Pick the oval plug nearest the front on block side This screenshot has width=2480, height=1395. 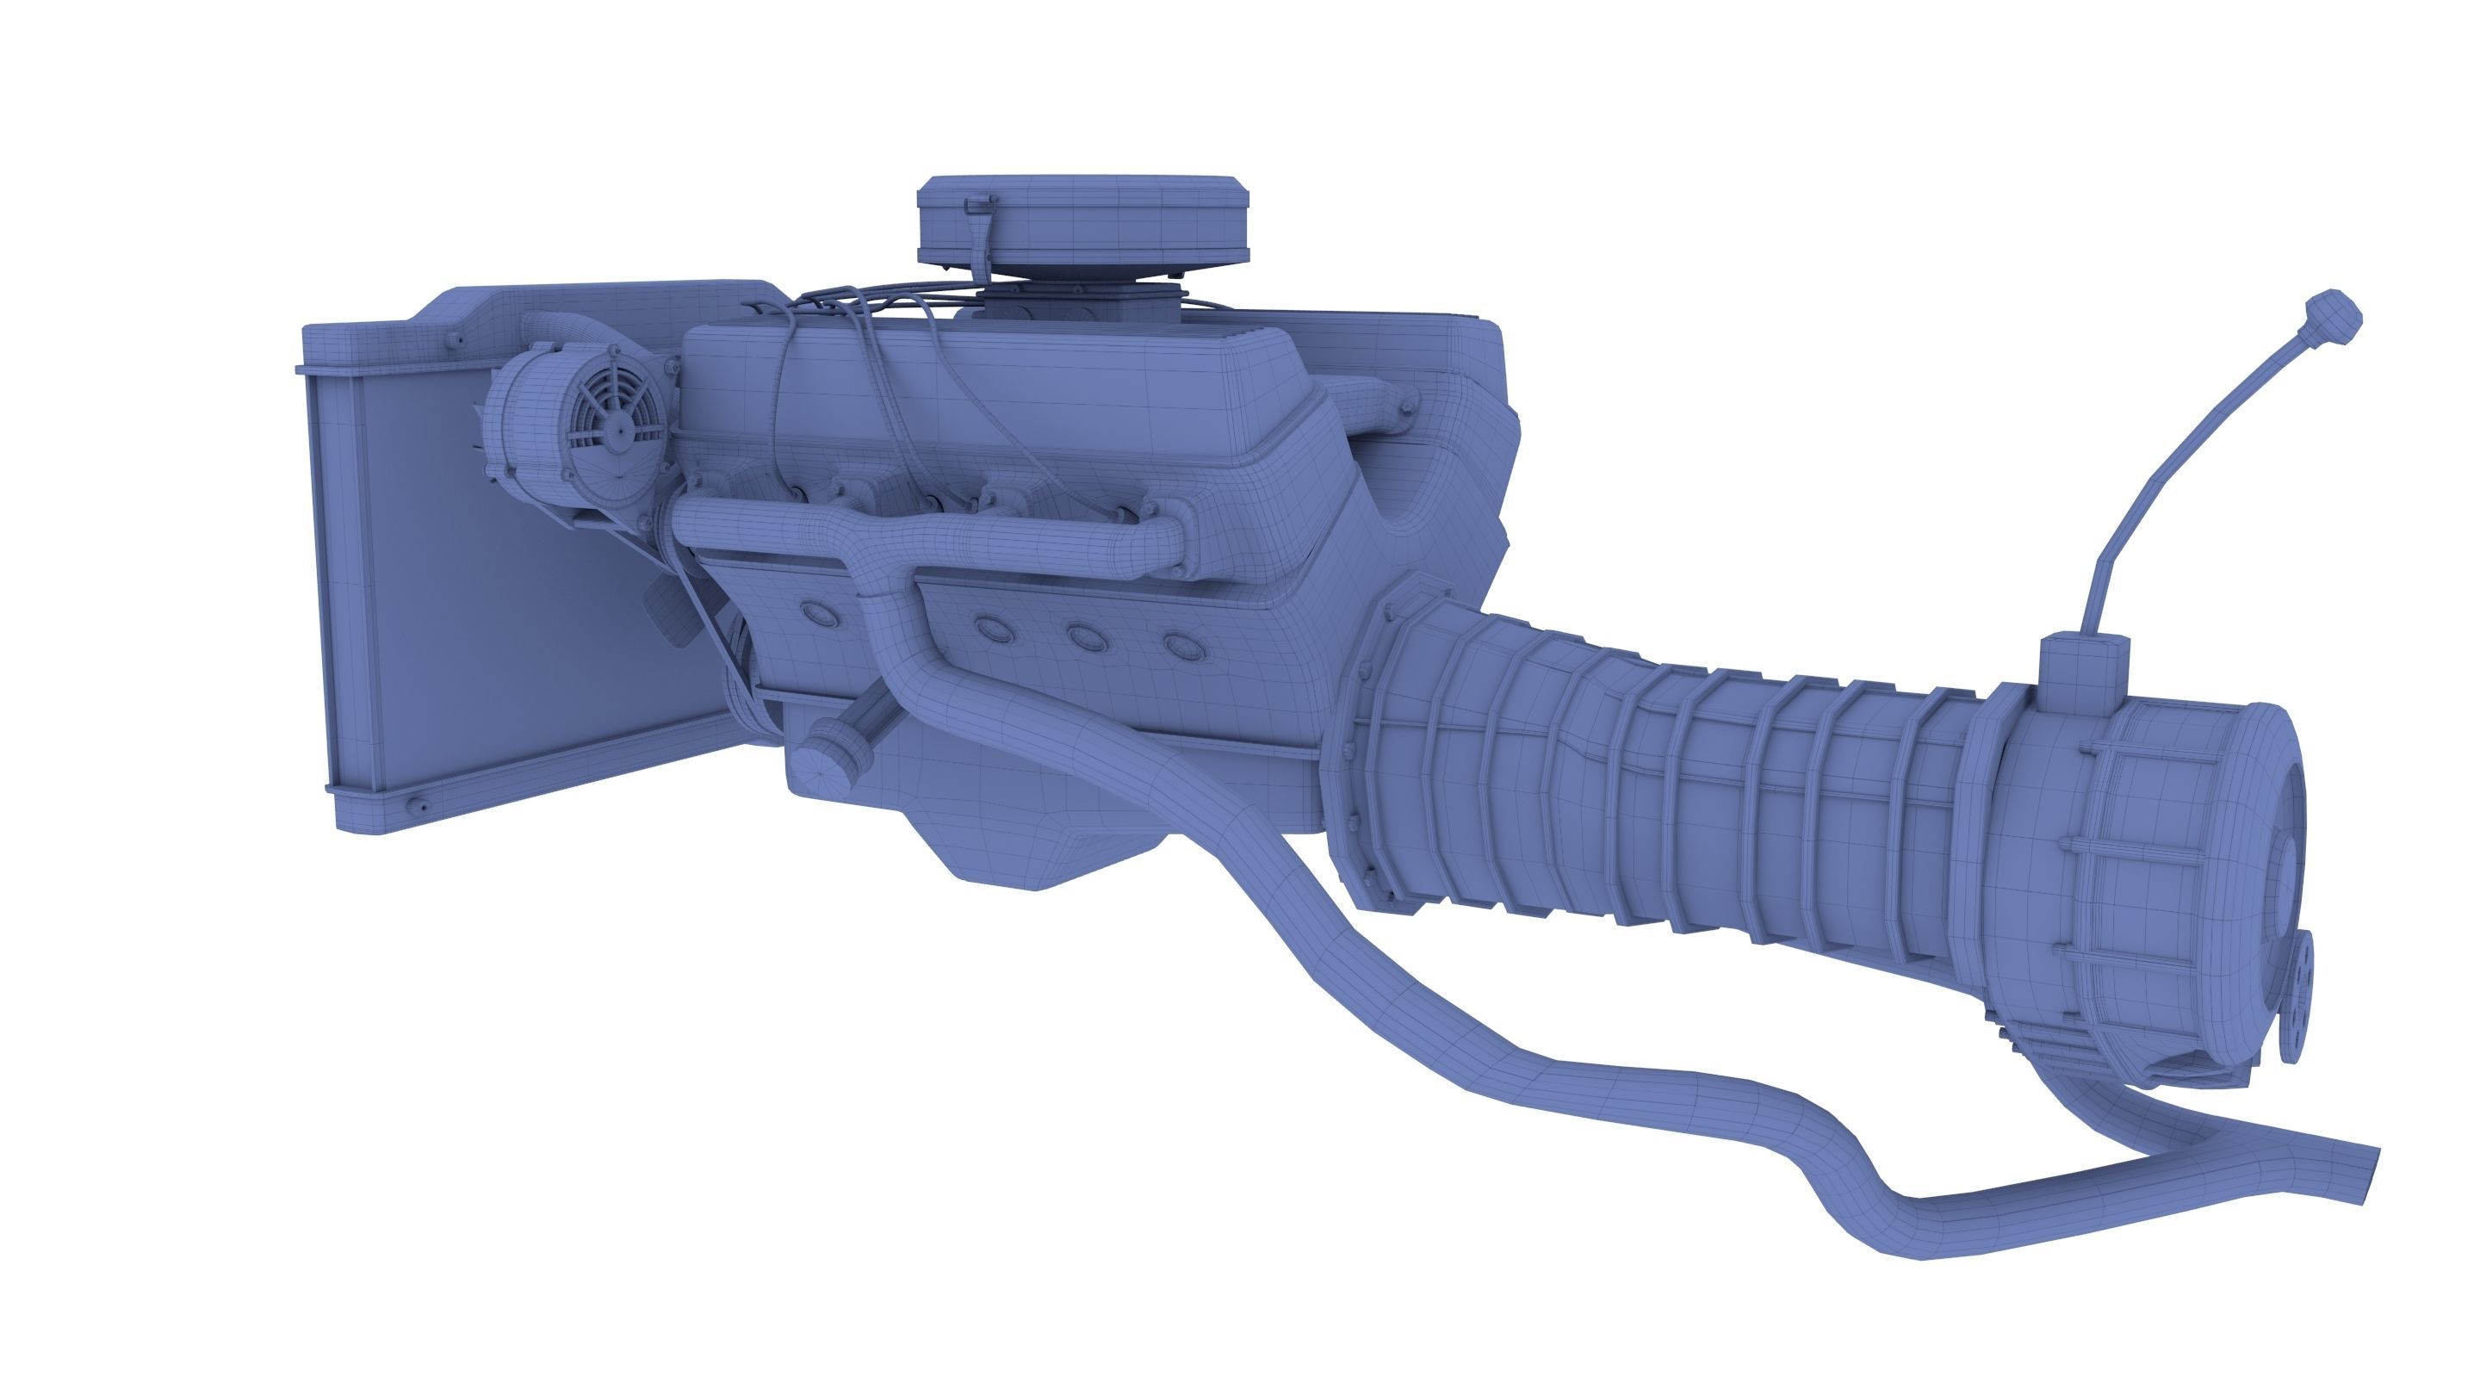coord(819,611)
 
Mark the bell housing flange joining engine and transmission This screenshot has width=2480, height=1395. coord(1367,751)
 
